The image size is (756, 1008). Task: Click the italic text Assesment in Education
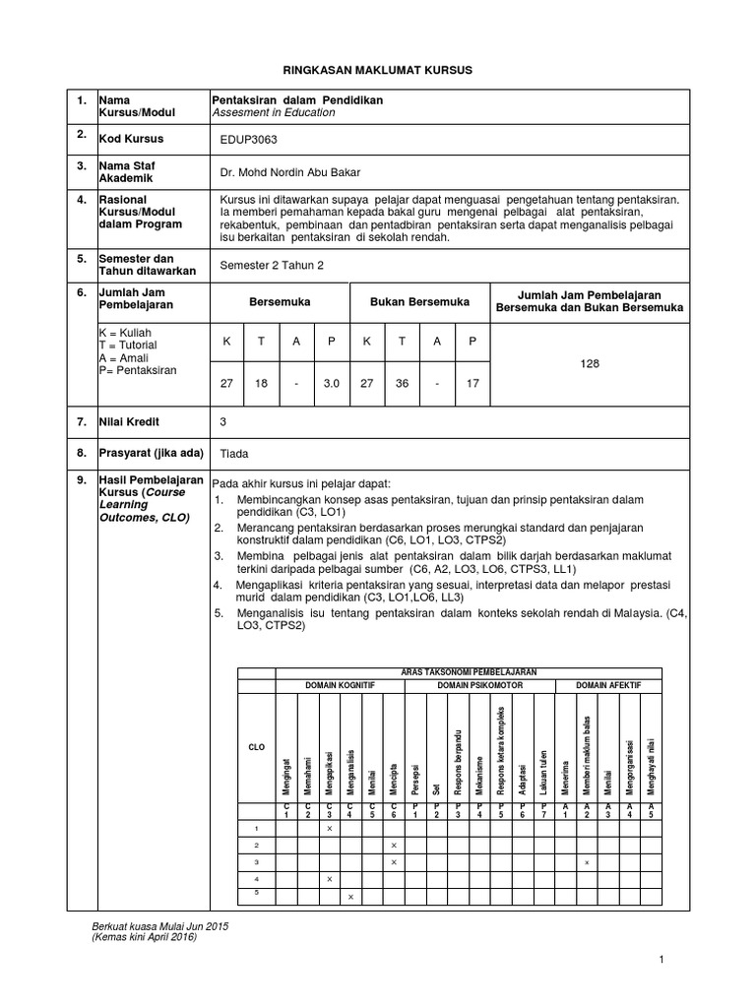[274, 113]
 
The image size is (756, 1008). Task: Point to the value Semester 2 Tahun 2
[272, 266]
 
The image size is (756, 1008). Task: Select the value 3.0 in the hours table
[332, 383]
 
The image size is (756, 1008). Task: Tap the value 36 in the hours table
[403, 383]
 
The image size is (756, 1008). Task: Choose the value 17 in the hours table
[472, 383]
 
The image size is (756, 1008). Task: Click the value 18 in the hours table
[262, 383]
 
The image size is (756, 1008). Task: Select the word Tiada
[234, 454]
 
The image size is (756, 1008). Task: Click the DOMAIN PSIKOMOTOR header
[480, 683]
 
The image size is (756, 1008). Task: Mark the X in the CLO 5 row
[350, 896]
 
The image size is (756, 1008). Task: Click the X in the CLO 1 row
[329, 830]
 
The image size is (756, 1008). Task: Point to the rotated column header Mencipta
[393, 779]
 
